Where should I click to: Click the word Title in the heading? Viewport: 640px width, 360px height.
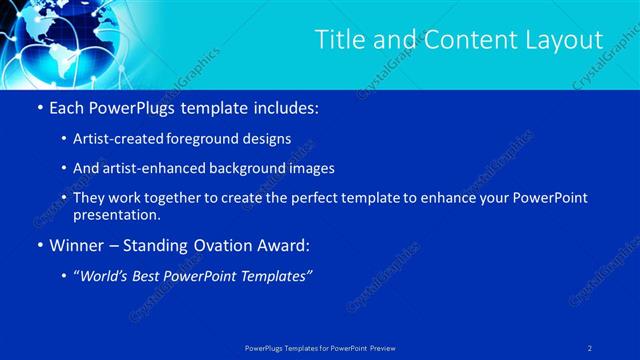338,40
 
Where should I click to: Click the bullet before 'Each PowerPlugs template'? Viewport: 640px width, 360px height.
39,106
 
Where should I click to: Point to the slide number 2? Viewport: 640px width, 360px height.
590,348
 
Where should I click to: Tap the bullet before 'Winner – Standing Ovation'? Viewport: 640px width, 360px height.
39,246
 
